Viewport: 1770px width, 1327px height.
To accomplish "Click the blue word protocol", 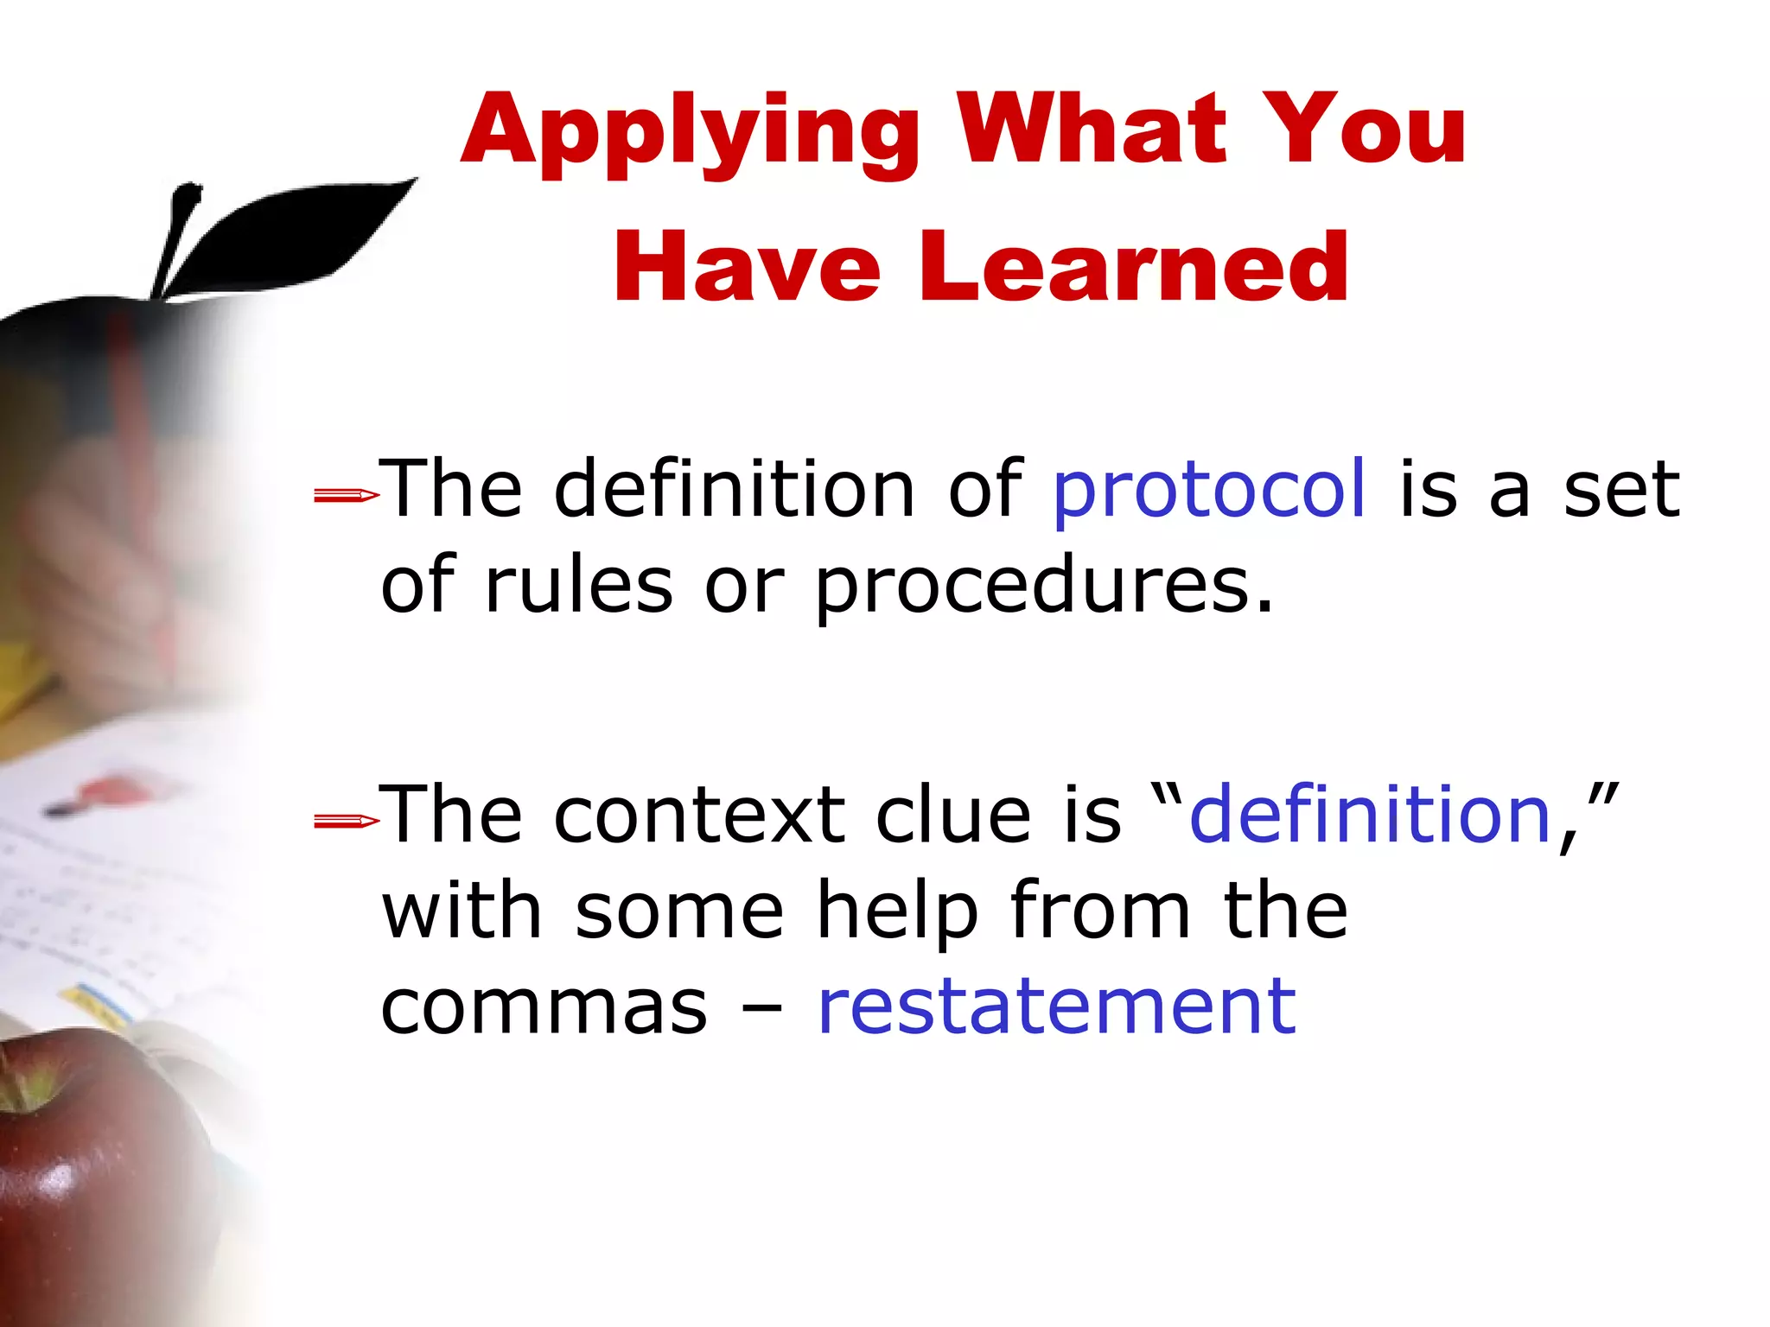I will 1209,490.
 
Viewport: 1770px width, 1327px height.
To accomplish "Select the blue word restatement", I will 1056,1006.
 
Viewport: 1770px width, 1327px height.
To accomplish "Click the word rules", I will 578,585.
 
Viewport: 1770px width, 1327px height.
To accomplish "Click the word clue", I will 953,816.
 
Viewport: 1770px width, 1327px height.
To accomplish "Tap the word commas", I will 544,1008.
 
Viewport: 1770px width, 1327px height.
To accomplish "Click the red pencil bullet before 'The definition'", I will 346,495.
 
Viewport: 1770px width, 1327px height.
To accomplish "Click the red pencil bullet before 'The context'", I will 346,821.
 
